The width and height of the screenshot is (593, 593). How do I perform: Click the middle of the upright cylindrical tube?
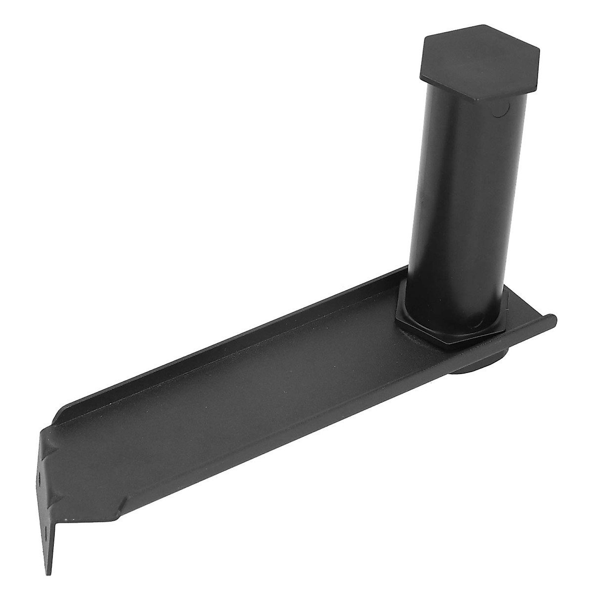click(457, 198)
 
